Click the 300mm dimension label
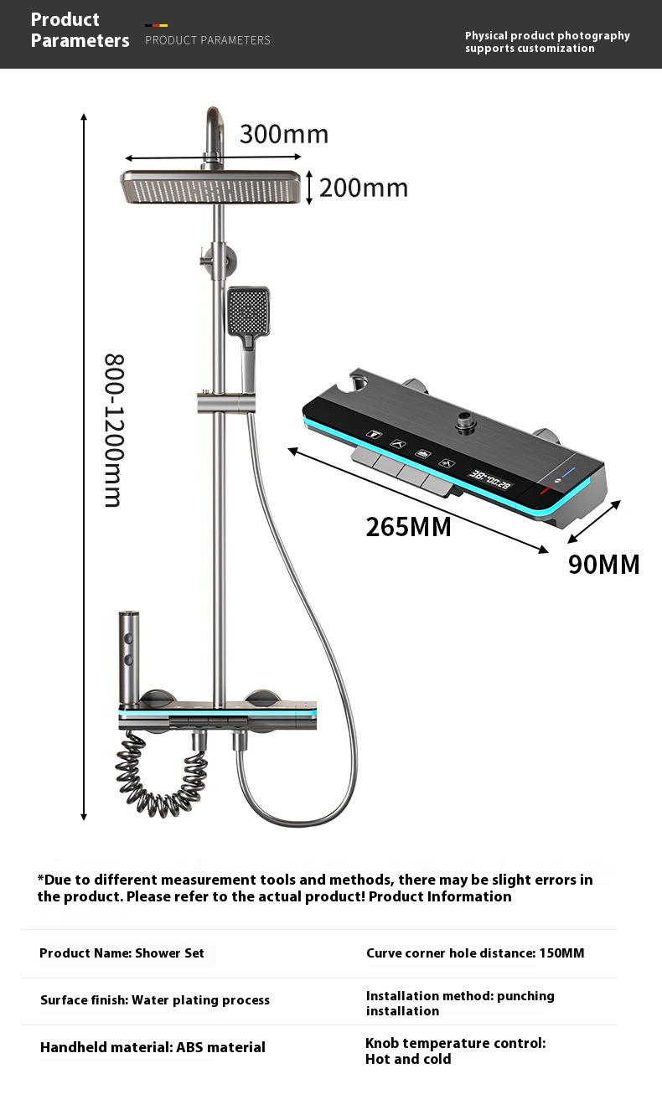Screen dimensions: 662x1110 pyautogui.click(x=284, y=134)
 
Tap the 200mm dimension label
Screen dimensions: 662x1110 pyautogui.click(x=363, y=188)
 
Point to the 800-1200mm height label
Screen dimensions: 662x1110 pyautogui.click(x=114, y=430)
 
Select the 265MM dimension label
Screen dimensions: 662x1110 pyautogui.click(x=408, y=527)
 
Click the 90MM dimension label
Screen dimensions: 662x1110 pyautogui.click(x=603, y=565)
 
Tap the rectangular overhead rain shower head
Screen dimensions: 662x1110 pyautogui.click(x=211, y=187)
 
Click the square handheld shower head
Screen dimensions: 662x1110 pyautogui.click(x=249, y=311)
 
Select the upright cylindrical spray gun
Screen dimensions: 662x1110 pyautogui.click(x=129, y=657)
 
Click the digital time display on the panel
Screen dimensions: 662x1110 pyautogui.click(x=489, y=479)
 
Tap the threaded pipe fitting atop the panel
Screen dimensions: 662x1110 pyautogui.click(x=465, y=421)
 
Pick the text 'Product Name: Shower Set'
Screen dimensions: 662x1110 pyautogui.click(x=122, y=953)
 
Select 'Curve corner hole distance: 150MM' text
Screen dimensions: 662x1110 pyautogui.click(x=475, y=953)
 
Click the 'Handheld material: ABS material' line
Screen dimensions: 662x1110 pyautogui.click(x=153, y=1047)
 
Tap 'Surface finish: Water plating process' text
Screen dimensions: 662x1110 pyautogui.click(x=155, y=1000)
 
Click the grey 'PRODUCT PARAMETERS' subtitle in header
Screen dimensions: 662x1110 pyautogui.click(x=208, y=40)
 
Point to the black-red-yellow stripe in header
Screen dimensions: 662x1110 pyautogui.click(x=157, y=25)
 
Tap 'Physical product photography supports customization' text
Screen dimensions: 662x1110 pyautogui.click(x=547, y=42)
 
